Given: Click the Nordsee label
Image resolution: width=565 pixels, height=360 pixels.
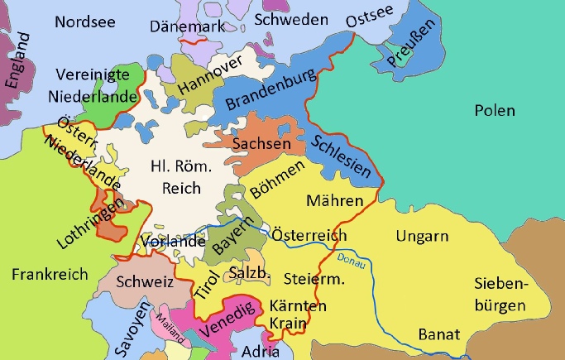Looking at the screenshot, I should click(x=86, y=22).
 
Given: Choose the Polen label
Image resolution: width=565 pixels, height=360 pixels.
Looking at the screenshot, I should click(x=494, y=111).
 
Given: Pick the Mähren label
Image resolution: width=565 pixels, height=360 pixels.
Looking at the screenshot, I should click(x=334, y=201).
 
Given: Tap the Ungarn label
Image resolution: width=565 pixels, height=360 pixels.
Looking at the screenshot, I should click(x=423, y=237).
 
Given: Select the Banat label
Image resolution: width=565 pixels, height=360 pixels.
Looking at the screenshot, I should click(x=439, y=335).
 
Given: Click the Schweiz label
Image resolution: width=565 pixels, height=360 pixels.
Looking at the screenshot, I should click(x=145, y=282).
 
